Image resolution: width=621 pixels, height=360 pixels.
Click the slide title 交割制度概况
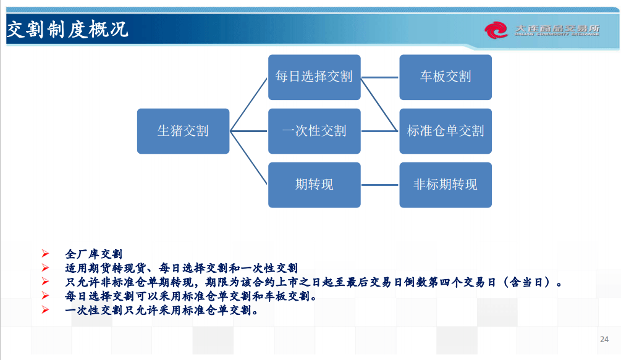(67, 29)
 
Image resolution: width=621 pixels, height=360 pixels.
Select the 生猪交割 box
(183, 131)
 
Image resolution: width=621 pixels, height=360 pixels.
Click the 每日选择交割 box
(314, 77)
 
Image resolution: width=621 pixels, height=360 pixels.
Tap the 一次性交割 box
(314, 131)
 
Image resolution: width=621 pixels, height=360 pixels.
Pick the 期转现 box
(314, 185)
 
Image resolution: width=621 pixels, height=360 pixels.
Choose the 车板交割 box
(446, 77)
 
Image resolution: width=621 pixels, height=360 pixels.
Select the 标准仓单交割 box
(446, 131)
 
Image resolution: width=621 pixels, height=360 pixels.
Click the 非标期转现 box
(446, 185)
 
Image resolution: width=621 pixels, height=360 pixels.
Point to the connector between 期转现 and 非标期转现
(380, 185)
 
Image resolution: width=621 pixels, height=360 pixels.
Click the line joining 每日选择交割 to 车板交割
(380, 77)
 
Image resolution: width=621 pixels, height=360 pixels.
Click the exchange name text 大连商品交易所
(557, 28)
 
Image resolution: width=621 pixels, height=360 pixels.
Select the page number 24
(604, 339)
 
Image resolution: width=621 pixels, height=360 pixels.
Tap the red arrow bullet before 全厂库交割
(44, 254)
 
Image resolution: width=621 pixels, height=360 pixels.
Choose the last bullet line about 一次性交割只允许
(161, 311)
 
